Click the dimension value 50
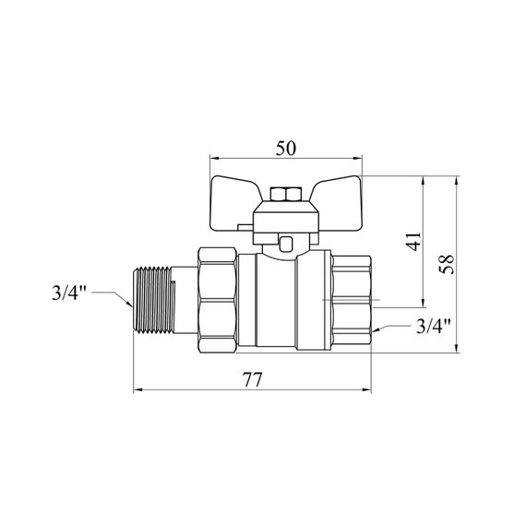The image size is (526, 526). [x=286, y=149]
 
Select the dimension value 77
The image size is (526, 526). [x=252, y=380]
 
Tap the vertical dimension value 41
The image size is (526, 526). [x=413, y=241]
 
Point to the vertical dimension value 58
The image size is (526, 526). [x=448, y=264]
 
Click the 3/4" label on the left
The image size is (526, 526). [x=69, y=293]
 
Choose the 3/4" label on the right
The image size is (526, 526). [x=434, y=326]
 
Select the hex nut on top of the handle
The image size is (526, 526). [x=285, y=194]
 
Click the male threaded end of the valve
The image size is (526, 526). [x=154, y=300]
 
